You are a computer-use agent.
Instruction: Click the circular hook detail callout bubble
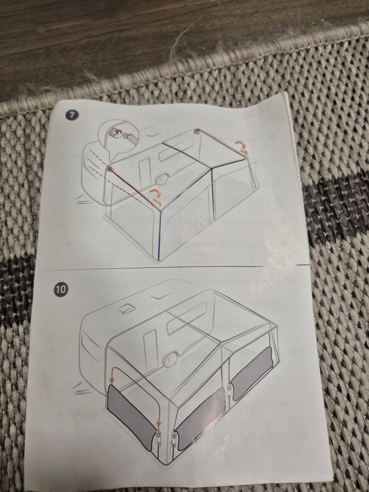click(x=119, y=137)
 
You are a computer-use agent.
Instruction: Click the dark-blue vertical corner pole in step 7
click(x=160, y=235)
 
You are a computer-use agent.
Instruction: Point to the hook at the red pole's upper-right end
click(x=197, y=131)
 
